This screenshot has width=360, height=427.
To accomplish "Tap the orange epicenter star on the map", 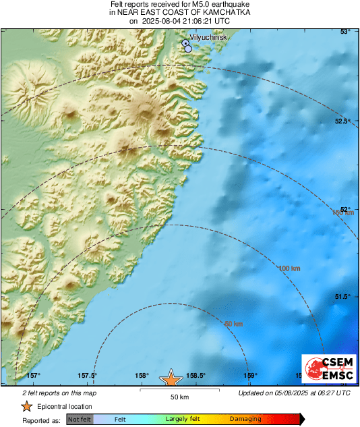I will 171,378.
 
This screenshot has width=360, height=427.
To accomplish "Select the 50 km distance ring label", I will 233,324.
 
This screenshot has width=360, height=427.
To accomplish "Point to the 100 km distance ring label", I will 289,268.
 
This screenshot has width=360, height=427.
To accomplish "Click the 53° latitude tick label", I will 345,32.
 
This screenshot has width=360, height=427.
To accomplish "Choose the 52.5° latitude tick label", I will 342,121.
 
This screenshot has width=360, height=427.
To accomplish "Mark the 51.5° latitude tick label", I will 342,297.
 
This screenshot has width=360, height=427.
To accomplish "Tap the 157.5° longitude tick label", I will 86,376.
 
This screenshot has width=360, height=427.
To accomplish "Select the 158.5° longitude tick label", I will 196,376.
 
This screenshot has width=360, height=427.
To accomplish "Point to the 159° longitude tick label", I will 250,376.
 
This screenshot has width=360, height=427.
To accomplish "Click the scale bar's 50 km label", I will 179,397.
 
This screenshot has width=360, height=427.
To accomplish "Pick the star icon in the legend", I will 26,406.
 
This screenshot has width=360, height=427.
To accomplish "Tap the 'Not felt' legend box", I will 79,419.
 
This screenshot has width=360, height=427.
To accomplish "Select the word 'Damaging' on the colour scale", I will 245,419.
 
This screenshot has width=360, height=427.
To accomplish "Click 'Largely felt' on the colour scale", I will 181,419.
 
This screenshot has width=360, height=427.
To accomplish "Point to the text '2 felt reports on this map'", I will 59,393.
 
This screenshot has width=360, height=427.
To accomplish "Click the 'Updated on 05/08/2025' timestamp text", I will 294,393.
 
